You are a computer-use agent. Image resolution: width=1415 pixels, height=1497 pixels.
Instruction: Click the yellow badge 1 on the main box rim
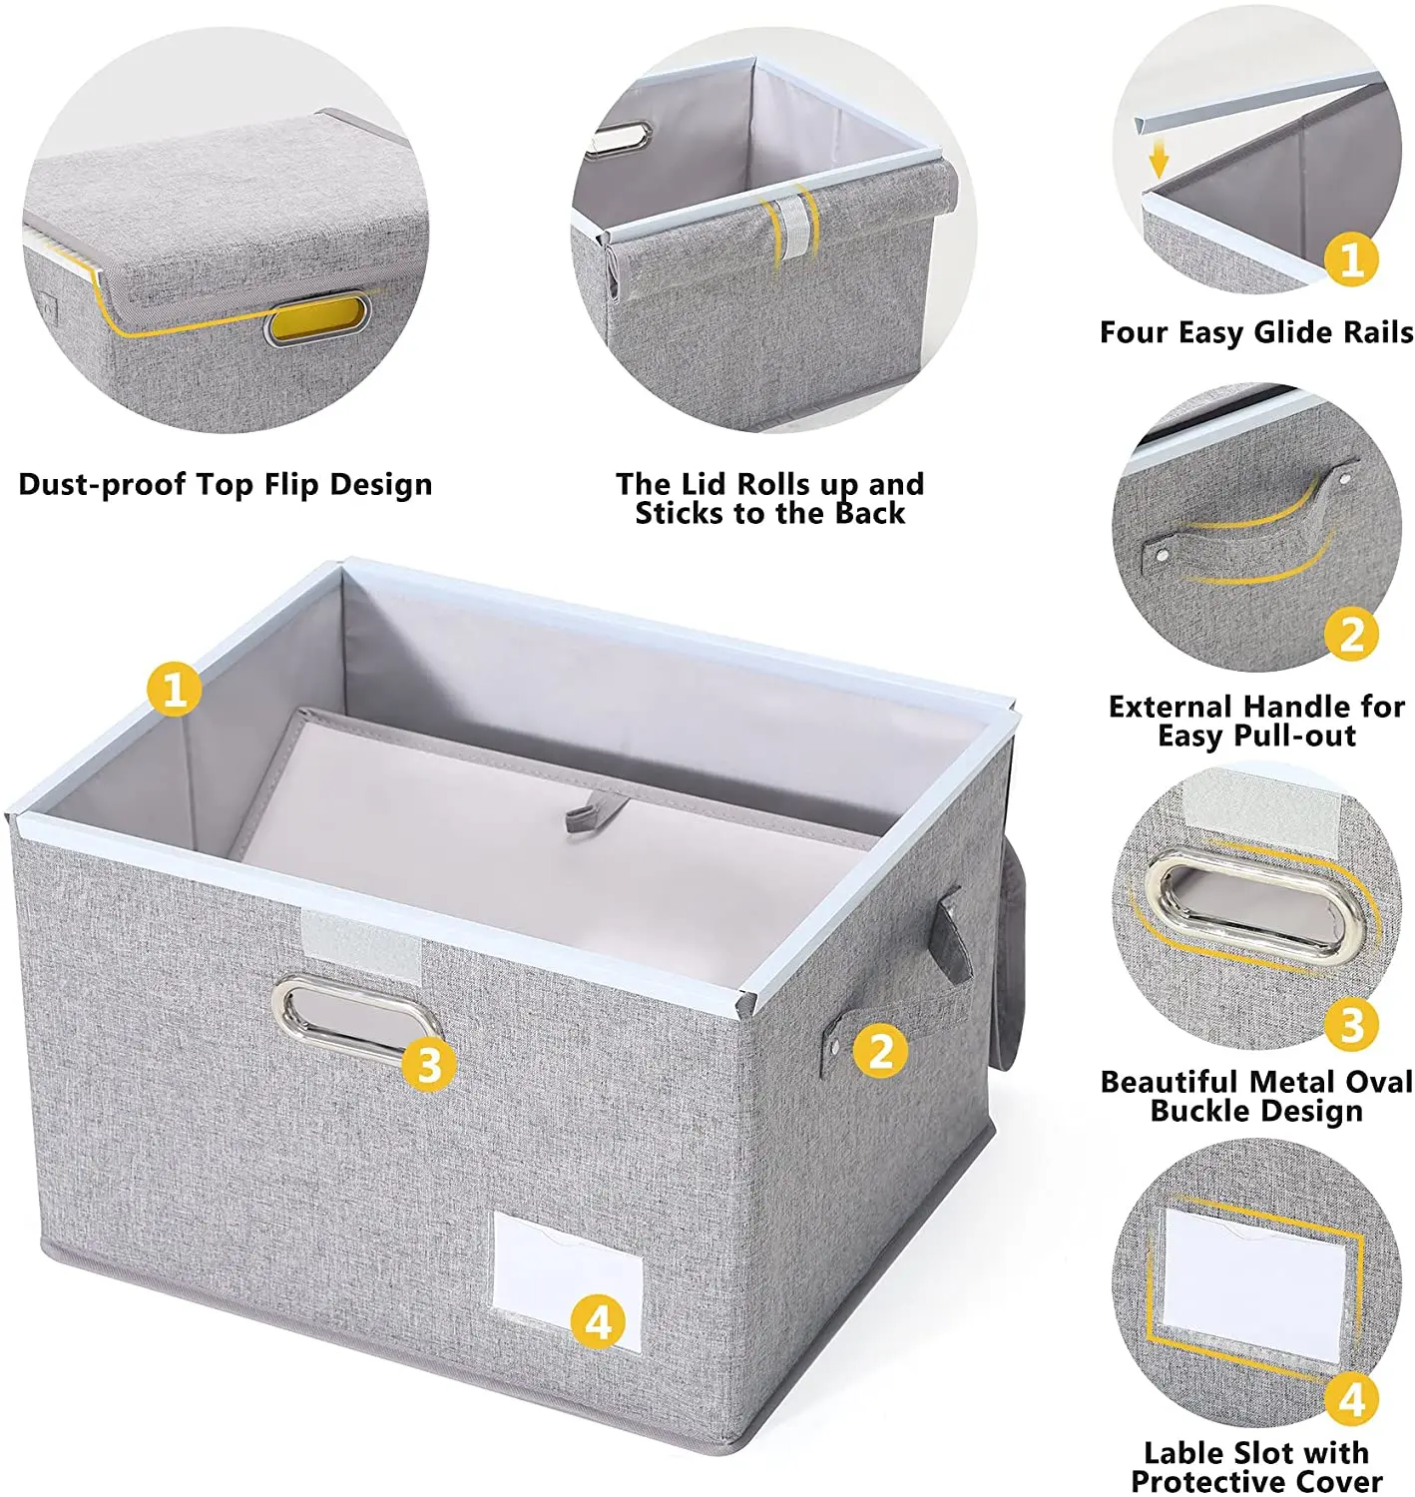coord(175,689)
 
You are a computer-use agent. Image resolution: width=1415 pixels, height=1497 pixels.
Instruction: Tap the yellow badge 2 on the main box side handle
coord(880,1050)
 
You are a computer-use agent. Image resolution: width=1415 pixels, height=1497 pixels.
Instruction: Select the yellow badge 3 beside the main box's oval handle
coord(429,1064)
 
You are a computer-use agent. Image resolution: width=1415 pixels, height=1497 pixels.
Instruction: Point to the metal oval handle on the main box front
coord(356,1014)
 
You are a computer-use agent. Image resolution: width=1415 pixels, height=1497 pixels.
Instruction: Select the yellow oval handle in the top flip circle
coord(316,319)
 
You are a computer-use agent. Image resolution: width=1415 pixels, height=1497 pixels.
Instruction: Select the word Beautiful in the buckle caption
coord(1169,1082)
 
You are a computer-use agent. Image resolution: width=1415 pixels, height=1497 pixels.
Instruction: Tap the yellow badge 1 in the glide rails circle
coord(1351,259)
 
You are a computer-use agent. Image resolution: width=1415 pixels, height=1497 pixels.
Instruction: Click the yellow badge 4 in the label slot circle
coord(1351,1399)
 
